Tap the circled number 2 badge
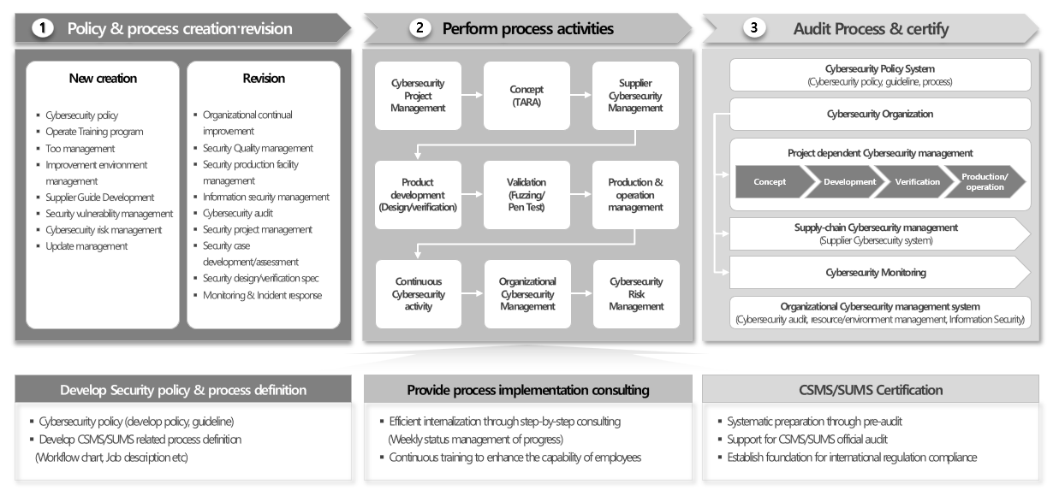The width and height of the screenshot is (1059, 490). [419, 28]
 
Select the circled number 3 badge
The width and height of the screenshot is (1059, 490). [753, 28]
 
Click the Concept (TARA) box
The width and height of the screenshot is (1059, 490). [527, 96]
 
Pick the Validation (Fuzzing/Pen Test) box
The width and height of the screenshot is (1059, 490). [527, 195]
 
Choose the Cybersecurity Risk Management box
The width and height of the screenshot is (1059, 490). [636, 294]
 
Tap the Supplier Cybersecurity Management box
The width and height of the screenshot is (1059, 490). [636, 96]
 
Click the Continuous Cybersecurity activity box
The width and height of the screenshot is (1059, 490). [419, 294]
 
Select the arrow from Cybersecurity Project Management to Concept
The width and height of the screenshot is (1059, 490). [472, 96]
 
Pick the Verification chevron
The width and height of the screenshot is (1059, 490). [916, 181]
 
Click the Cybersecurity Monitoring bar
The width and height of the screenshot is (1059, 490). [876, 273]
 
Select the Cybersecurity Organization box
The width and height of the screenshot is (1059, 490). [880, 114]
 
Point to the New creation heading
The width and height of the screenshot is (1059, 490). [103, 79]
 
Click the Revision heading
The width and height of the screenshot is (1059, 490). [264, 79]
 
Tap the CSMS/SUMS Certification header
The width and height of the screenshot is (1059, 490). [870, 390]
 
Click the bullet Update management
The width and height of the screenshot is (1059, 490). [86, 246]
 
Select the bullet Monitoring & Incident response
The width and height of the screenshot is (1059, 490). [262, 295]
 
